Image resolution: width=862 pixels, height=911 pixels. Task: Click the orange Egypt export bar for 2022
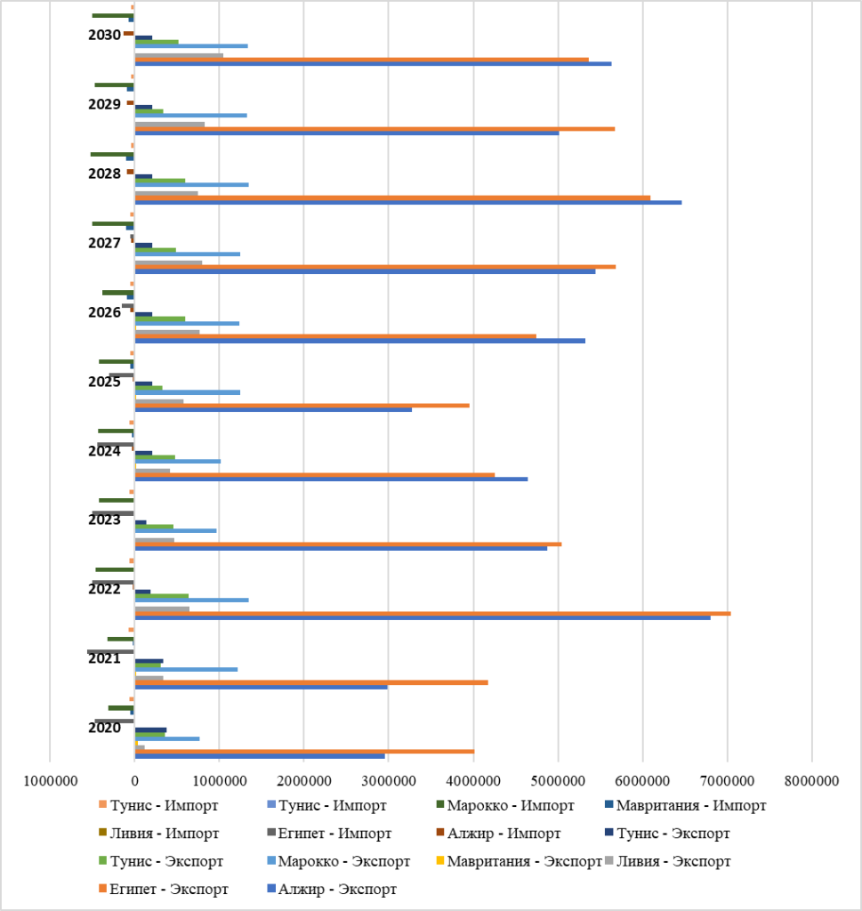tap(432, 613)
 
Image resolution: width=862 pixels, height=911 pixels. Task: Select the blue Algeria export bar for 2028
tap(408, 203)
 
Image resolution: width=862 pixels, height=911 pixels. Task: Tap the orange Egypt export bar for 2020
tap(304, 751)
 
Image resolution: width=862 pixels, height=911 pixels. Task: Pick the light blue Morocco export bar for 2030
tap(191, 45)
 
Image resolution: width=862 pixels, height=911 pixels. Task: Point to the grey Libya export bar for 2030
tap(179, 55)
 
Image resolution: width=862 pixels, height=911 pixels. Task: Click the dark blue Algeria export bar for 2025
tap(273, 409)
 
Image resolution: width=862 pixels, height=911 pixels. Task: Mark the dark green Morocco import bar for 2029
tap(114, 85)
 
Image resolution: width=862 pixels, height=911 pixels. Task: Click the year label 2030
tap(105, 35)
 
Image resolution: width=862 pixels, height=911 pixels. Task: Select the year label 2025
tap(105, 382)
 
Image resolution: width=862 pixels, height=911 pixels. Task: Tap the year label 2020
tap(105, 728)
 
